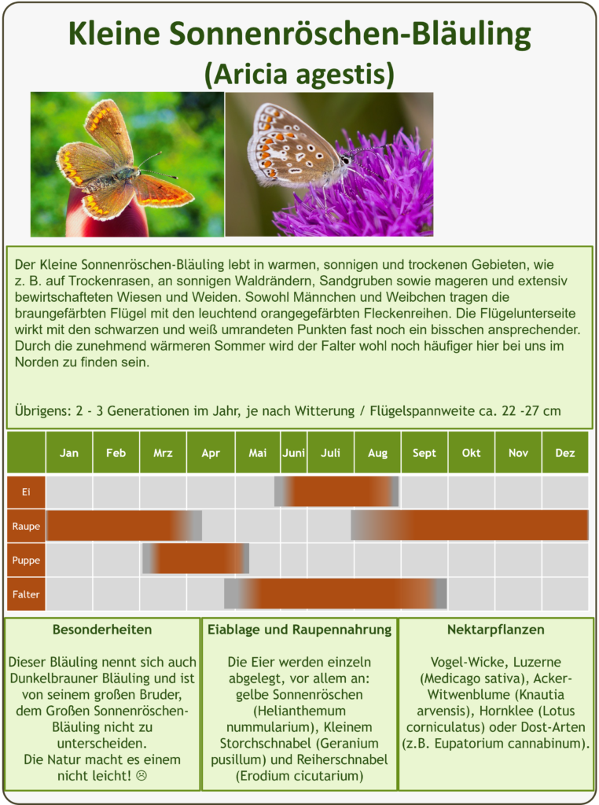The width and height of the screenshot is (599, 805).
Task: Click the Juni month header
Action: [x=293, y=452]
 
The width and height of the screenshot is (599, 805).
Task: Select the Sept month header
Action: [x=424, y=452]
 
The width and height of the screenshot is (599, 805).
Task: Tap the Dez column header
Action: [x=565, y=452]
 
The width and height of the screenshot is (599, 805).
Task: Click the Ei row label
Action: [x=26, y=492]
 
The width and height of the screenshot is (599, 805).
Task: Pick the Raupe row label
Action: [x=26, y=526]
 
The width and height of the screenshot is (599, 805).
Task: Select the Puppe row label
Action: [x=26, y=560]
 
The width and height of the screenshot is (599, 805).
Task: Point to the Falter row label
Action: [x=26, y=594]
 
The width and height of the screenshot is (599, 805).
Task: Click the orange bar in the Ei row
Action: [x=336, y=492]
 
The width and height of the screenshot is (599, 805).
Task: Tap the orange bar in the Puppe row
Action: [x=196, y=559]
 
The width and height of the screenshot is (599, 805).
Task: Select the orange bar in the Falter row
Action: [x=335, y=594]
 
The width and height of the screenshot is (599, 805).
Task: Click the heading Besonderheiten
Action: [x=102, y=630]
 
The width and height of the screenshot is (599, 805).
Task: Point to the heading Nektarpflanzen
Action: [x=496, y=630]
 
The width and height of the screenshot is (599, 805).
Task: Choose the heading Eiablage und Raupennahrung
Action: [x=299, y=630]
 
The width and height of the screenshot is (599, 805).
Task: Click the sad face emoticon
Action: [x=141, y=776]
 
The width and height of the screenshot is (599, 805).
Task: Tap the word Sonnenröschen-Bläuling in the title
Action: [x=350, y=34]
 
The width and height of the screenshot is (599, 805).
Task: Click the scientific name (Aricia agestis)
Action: [x=299, y=74]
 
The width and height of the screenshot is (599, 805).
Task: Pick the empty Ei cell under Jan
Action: [x=69, y=492]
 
